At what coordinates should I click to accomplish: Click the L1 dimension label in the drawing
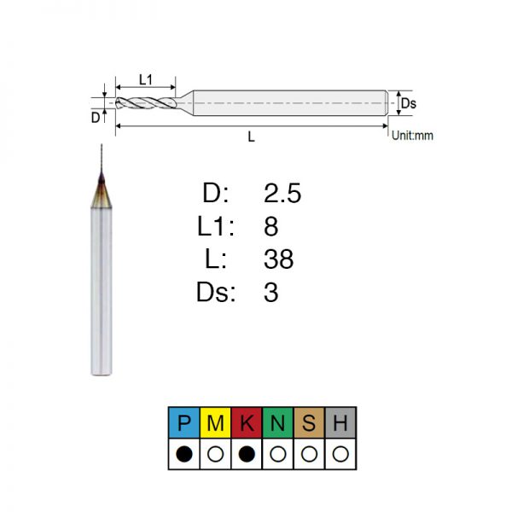click(146, 79)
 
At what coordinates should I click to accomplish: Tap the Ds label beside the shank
click(409, 103)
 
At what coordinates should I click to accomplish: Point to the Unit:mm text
click(412, 135)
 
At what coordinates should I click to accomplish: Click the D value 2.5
click(282, 193)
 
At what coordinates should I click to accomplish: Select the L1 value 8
click(271, 226)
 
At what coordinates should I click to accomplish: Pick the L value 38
click(278, 259)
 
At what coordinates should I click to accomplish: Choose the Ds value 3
click(271, 292)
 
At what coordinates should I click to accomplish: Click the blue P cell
click(183, 422)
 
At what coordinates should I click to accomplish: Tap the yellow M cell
click(215, 422)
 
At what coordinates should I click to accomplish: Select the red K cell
click(247, 422)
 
